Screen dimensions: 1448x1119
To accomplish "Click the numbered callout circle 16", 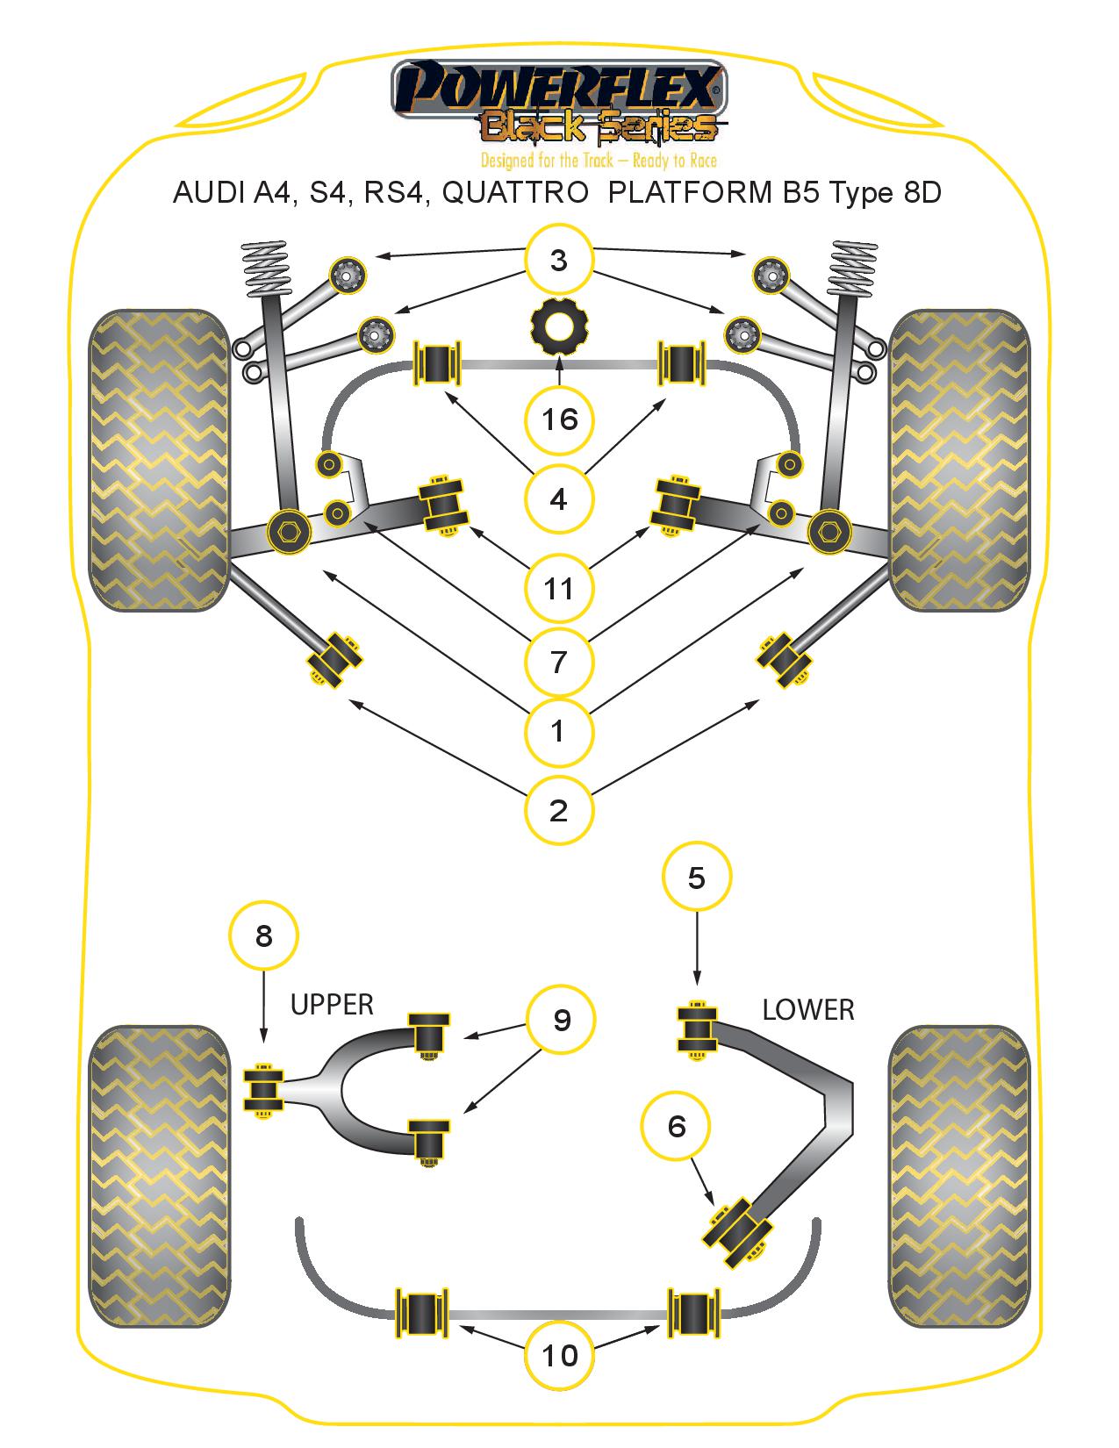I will click(559, 419).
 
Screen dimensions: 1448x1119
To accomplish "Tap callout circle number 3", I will click(559, 260).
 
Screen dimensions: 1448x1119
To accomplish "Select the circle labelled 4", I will click(559, 499).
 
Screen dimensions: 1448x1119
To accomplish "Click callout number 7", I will click(559, 661).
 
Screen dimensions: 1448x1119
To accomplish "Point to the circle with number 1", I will click(559, 730).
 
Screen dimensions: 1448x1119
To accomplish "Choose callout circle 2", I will click(559, 809).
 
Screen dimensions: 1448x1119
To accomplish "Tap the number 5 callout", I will click(697, 878).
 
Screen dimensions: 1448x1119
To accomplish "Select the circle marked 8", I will click(263, 936).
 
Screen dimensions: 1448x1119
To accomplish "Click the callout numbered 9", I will click(561, 1019).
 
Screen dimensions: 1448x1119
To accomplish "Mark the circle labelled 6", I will click(676, 1126).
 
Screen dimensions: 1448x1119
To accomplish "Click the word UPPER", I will click(332, 1004).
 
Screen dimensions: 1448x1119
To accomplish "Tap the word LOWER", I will click(807, 1010).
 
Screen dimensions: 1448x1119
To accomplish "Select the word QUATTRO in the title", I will click(514, 192).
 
